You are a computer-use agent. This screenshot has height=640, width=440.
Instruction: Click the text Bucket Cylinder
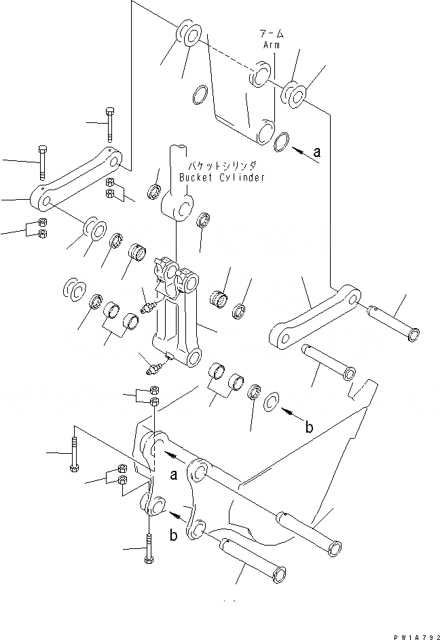coord(222,177)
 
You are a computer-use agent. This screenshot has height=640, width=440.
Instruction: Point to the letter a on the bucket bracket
coord(174,476)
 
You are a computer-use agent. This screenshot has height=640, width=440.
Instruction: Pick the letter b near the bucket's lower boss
coord(174,535)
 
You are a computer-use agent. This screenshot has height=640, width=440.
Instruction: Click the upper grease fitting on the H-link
coord(148,307)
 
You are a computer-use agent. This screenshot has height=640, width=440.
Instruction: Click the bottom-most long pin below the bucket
coord(251,558)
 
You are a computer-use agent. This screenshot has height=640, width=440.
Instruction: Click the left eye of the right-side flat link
coord(280,334)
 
